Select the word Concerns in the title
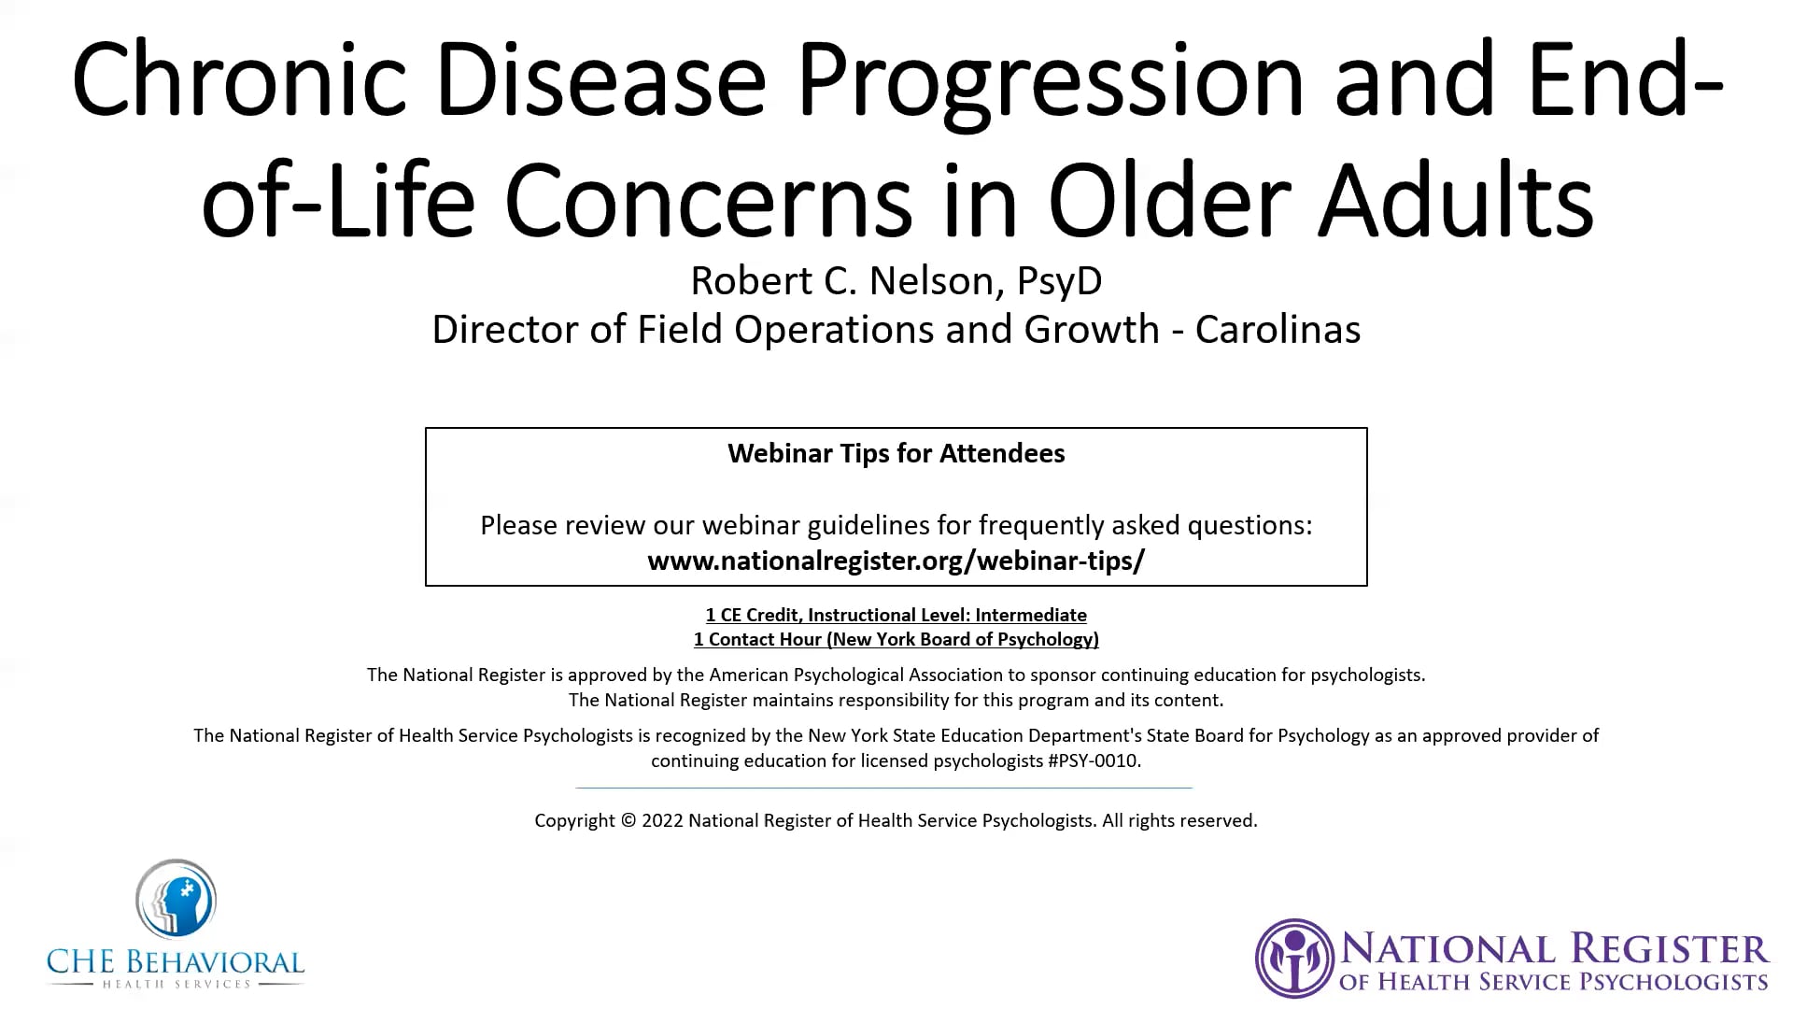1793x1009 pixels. pyautogui.click(x=708, y=201)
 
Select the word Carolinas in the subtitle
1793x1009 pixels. pyautogui.click(x=1278, y=329)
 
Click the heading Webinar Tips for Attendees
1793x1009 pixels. pyautogui.click(x=896, y=453)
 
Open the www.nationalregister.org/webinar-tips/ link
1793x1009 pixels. pyautogui.click(x=896, y=561)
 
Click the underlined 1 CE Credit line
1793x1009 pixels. pyautogui.click(x=896, y=615)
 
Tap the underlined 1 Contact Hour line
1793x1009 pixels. pyautogui.click(x=896, y=639)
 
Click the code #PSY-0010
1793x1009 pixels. pyautogui.click(x=1094, y=760)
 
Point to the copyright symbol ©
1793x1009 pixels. pyautogui.click(x=628, y=820)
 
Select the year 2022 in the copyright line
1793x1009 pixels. pyautogui.click(x=662, y=820)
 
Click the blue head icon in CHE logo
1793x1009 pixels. pyautogui.click(x=176, y=899)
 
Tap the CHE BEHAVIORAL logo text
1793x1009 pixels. pyautogui.click(x=176, y=962)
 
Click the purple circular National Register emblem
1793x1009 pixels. pyautogui.click(x=1294, y=958)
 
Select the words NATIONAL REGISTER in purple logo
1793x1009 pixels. pyautogui.click(x=1555, y=950)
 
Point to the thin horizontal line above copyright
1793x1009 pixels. pyautogui.click(x=883, y=788)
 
